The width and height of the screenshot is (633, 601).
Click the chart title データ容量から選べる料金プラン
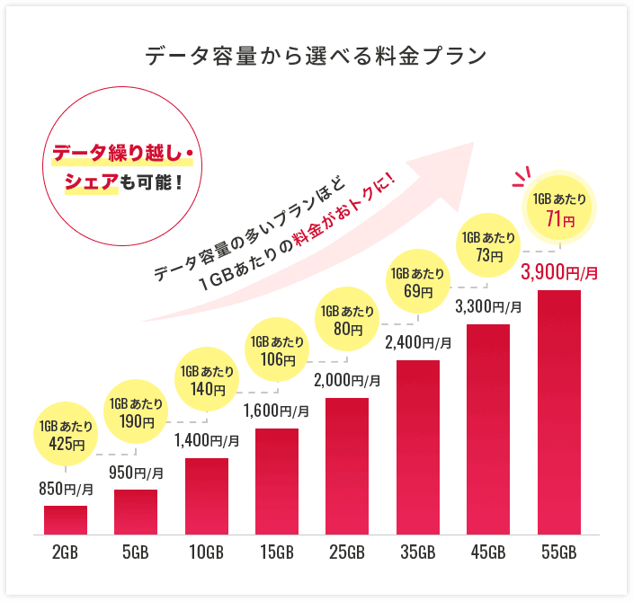coord(316,56)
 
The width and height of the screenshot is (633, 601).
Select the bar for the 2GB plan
coord(66,520)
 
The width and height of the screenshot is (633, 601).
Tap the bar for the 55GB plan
coord(558,412)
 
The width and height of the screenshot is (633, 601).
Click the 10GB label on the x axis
coord(206,552)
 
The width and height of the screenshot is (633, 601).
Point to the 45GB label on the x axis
coord(488,552)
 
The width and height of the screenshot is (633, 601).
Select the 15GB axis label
coord(276,552)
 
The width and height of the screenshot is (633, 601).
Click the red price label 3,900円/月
coord(558,272)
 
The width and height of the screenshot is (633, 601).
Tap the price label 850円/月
coord(66,490)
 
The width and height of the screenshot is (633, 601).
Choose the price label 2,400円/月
coord(418,342)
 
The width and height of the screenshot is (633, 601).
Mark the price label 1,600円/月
coord(277,411)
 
